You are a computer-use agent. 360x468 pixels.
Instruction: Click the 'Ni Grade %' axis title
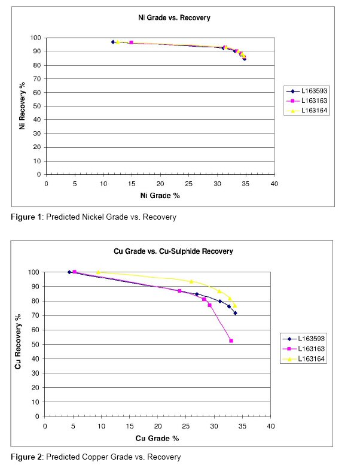point(160,196)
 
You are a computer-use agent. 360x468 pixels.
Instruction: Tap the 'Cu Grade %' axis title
point(158,439)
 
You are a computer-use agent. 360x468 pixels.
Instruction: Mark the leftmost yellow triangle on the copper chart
point(98,272)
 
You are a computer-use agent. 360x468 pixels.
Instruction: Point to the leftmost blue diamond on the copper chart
point(69,272)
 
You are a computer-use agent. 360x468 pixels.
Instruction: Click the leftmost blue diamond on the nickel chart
point(113,42)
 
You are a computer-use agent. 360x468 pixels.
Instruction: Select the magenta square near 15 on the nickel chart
point(131,42)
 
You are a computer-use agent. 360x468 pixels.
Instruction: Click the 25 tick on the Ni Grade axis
point(189,184)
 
